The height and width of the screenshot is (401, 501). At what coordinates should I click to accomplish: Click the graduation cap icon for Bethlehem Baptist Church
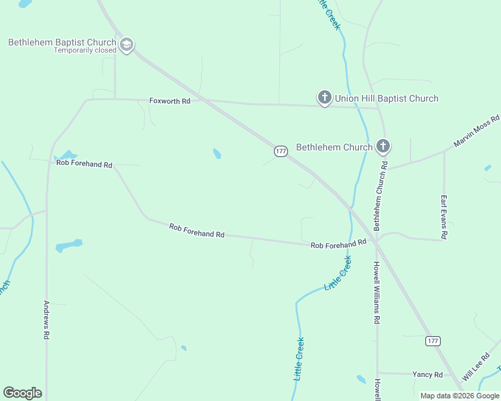point(126,45)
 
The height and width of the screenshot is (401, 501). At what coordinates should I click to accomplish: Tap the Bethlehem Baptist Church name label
point(62,42)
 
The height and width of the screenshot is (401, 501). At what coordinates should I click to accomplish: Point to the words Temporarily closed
point(85,51)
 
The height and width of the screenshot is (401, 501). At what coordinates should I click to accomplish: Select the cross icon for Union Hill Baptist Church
point(324,98)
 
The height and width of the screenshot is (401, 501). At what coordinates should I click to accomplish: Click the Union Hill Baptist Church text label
point(387,98)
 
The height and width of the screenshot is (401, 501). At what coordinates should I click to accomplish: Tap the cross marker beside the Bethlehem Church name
point(382,146)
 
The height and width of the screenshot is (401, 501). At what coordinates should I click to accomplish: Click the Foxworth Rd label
point(169,101)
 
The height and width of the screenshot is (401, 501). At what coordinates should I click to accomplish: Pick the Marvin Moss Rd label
point(476,131)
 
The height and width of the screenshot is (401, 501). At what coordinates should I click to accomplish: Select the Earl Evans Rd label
point(443,217)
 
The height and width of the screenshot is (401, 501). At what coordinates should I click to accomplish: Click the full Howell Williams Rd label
point(376,293)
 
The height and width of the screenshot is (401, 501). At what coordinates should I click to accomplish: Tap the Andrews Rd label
point(46,319)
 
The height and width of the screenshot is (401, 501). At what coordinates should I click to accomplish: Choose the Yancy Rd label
point(427,375)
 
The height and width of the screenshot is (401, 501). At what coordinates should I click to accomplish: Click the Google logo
point(22,393)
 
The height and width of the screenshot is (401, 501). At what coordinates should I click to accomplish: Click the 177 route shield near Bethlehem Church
point(281,152)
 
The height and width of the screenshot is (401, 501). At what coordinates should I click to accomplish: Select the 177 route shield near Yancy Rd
point(433,341)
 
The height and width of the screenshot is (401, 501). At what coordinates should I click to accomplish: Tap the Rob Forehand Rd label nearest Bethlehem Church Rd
point(338,245)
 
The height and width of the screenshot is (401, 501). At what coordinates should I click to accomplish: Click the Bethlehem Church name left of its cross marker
point(334,147)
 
